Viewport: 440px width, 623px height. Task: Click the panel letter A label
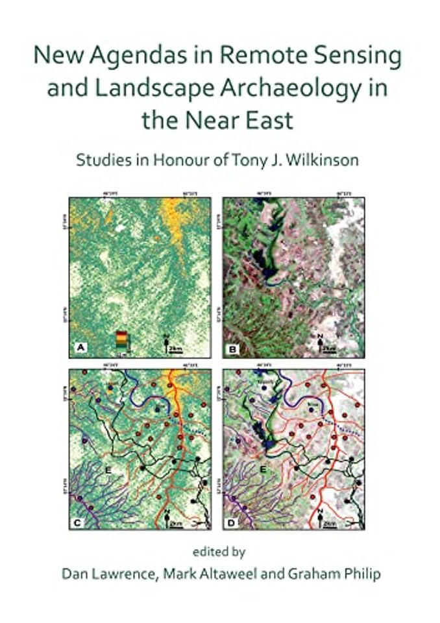coord(81,349)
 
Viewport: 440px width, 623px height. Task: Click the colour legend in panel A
coord(121,340)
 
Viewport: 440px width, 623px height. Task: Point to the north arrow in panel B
coord(320,339)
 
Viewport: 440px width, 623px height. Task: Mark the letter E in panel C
coord(110,461)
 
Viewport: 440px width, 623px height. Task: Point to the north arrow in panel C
coord(167,517)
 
